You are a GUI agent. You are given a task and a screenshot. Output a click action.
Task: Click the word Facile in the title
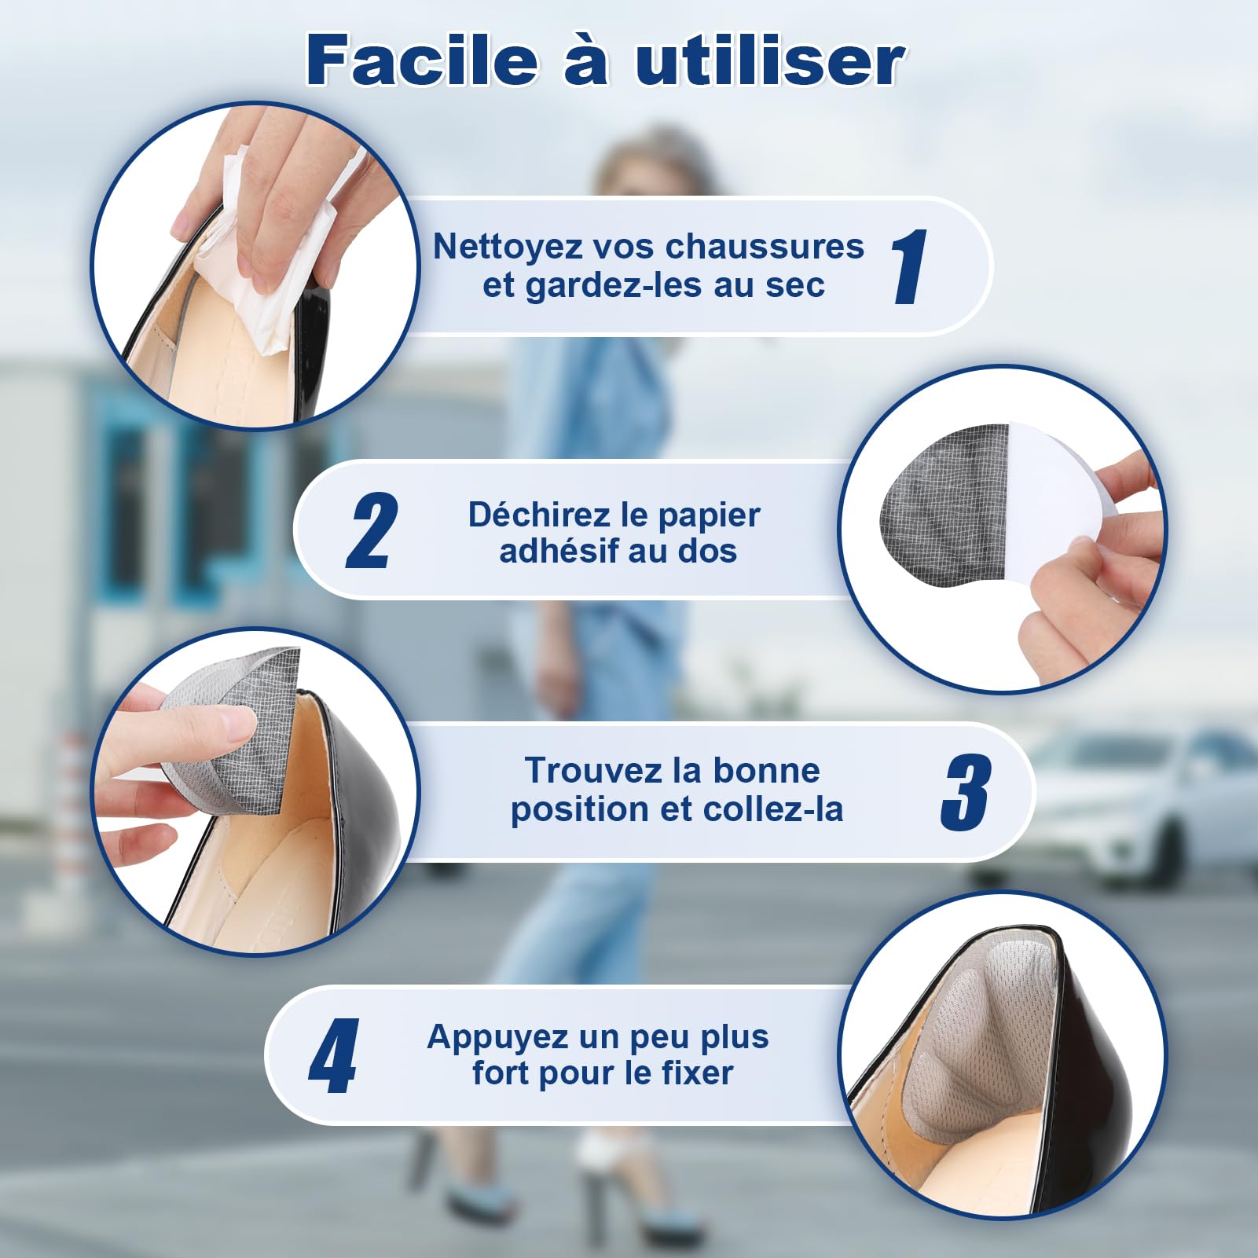coord(423,61)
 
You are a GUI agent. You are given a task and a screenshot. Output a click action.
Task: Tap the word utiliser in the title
coord(770,61)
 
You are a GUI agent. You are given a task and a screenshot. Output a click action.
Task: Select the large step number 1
coord(910,266)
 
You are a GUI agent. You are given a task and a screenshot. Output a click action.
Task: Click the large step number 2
coord(372,530)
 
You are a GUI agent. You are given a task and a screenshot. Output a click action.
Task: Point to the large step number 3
coord(966,792)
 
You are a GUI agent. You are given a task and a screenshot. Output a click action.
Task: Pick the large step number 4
coord(334,1055)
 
